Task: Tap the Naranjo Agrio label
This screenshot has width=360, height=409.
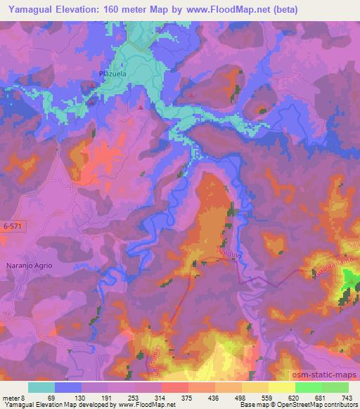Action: (47, 266)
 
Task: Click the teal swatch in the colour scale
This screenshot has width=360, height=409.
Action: (41, 387)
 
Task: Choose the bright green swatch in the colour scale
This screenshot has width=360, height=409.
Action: (309, 387)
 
